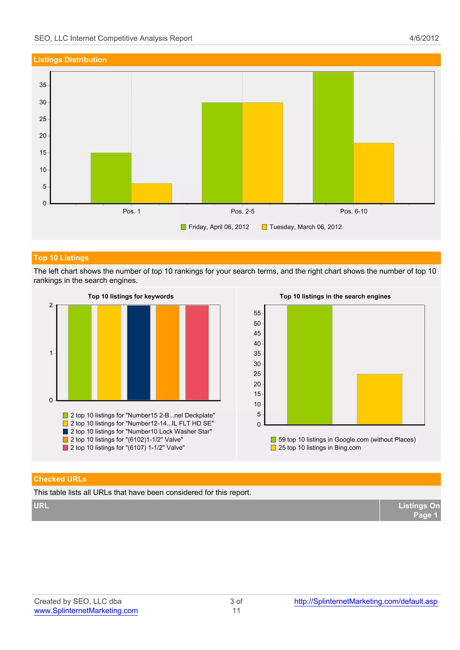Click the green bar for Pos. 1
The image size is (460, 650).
111,178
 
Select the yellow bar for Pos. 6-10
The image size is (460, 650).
373,173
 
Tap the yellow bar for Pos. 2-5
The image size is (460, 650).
263,153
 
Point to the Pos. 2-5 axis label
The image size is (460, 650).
242,211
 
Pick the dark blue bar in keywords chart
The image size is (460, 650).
139,353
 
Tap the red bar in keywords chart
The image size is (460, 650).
197,353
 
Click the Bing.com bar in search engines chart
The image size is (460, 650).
379,399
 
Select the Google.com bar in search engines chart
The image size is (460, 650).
310,365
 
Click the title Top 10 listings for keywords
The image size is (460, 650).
130,296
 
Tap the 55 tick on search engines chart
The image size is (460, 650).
257,313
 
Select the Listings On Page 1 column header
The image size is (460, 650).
419,510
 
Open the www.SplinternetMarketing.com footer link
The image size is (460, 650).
86,611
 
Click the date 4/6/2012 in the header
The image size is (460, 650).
424,38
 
